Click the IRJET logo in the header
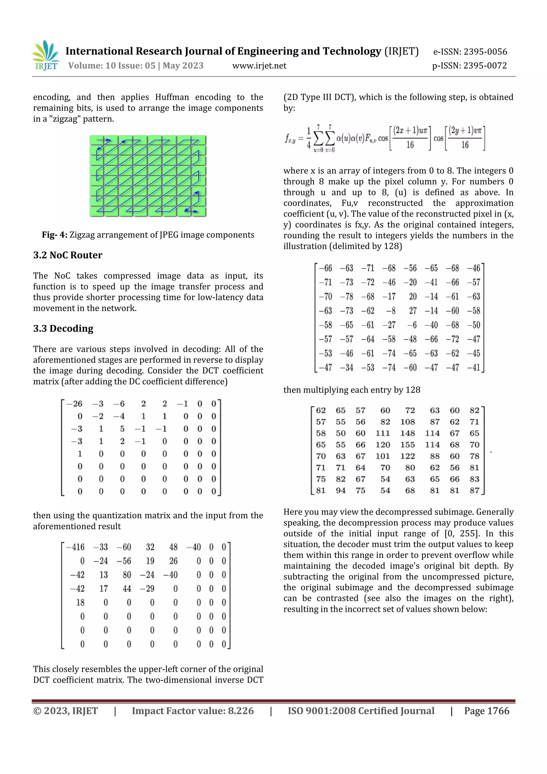pyautogui.click(x=45, y=56)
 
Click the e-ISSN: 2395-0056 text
pyautogui.click(x=470, y=52)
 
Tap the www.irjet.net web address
pyautogui.click(x=259, y=66)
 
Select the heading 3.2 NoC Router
pyautogui.click(x=68, y=255)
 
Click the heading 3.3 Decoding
pyautogui.click(x=63, y=328)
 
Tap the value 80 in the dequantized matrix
pyautogui.click(x=127, y=575)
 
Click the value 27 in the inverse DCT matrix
pyautogui.click(x=413, y=311)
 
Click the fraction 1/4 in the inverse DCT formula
pyautogui.click(x=308, y=138)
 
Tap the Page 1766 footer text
pyautogui.click(x=486, y=711)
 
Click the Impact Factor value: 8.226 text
pyautogui.click(x=193, y=711)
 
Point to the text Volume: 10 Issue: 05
pyautogui.click(x=112, y=66)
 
